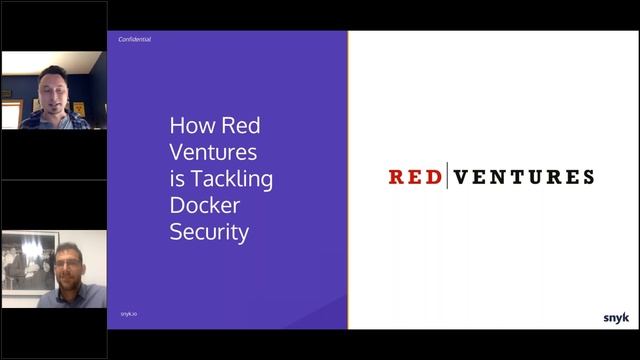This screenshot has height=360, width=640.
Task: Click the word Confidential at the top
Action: [x=136, y=40]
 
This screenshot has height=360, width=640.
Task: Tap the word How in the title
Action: [x=190, y=127]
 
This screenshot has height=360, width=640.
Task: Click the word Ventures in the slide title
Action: [x=213, y=153]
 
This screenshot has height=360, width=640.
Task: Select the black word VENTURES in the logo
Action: [x=523, y=177]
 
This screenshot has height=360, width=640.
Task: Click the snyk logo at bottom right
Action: [x=616, y=318]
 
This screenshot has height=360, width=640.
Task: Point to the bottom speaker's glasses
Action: [x=68, y=261]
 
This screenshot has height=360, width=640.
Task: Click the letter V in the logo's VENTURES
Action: [x=460, y=177]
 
